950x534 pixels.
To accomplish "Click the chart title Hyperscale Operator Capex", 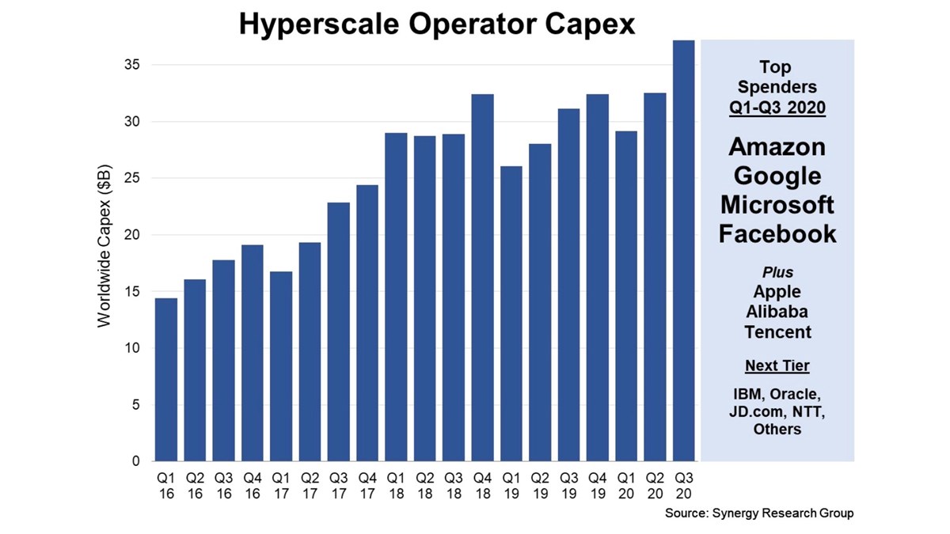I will click(x=437, y=24).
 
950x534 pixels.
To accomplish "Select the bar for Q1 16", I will click(x=166, y=380).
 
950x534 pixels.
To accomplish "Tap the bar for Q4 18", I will click(x=483, y=277).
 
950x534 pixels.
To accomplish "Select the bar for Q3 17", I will click(x=339, y=331).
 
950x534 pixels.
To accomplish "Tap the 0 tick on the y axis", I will click(x=135, y=461).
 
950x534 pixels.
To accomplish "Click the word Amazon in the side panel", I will click(x=777, y=147).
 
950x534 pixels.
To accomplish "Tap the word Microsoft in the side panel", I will click(x=777, y=205).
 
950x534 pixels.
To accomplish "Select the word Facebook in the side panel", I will click(x=777, y=233).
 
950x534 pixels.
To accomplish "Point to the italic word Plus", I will click(x=777, y=273).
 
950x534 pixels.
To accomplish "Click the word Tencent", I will click(x=777, y=331).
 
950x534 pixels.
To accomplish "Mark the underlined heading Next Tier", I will click(x=777, y=366).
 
